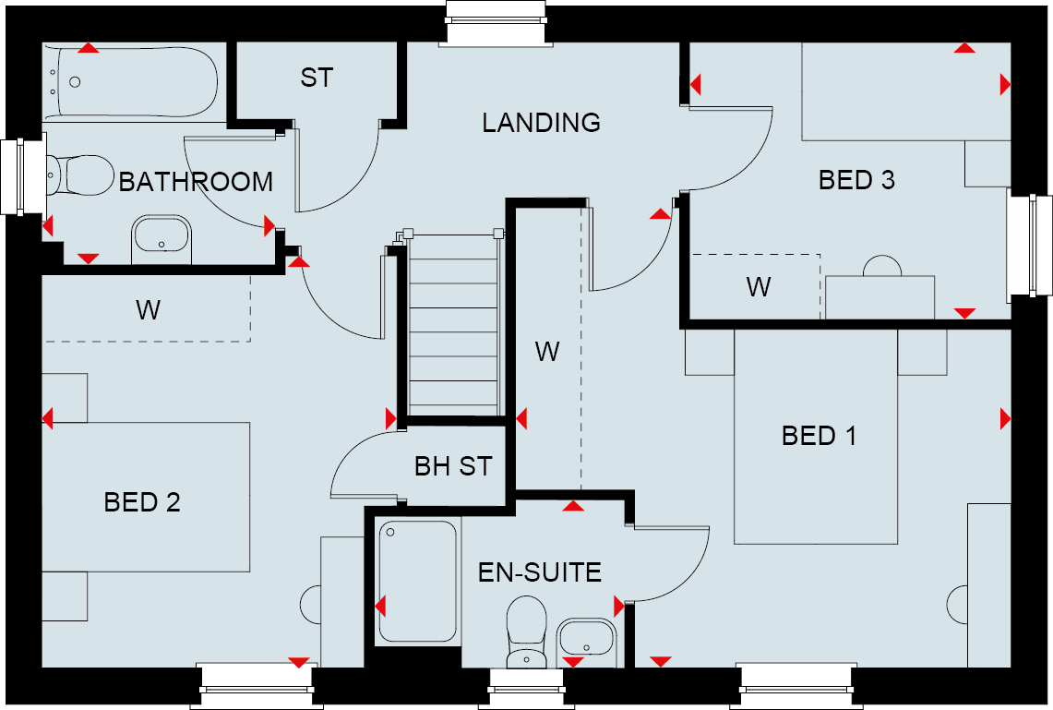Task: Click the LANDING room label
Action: coord(542,122)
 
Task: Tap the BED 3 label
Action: coord(856,180)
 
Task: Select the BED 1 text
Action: coord(819,436)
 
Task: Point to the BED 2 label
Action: coord(142,502)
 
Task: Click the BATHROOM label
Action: coord(196,182)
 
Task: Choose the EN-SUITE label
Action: coord(539,572)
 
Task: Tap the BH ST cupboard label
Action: coord(453,466)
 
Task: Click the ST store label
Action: coord(317,78)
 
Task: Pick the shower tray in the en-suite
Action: coord(418,582)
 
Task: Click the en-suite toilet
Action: coord(526,632)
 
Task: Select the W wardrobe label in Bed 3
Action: coord(759,287)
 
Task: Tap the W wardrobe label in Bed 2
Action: coord(148,310)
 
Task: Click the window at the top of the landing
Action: coord(496,23)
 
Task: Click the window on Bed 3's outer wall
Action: coord(1030,246)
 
